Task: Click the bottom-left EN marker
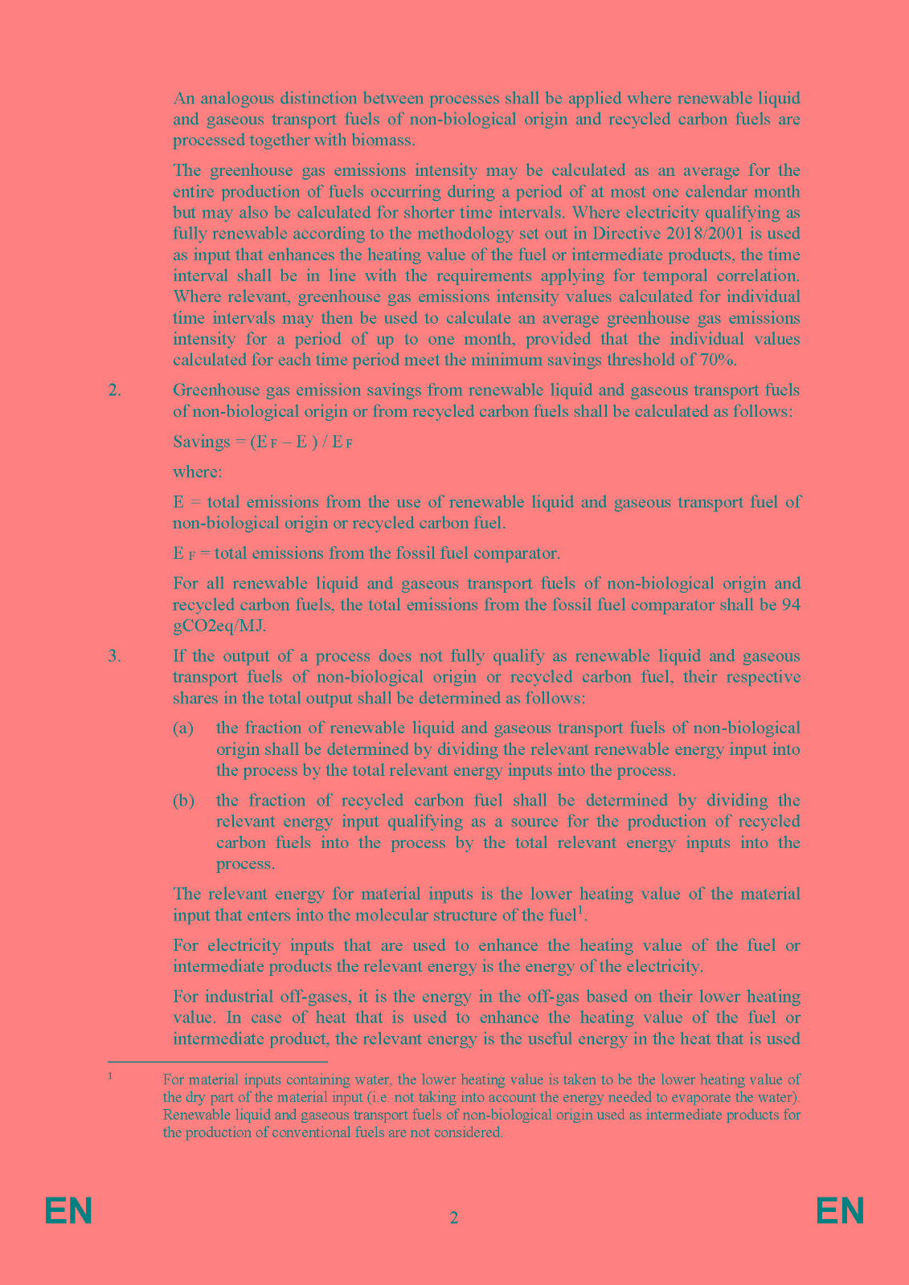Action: tap(68, 1210)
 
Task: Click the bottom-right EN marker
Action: tap(840, 1210)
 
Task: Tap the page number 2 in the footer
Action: tap(454, 1218)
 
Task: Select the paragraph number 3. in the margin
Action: tap(114, 655)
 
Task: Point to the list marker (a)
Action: tap(183, 728)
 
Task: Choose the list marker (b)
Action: tap(183, 800)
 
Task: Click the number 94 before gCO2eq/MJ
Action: tap(790, 605)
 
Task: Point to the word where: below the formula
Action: tap(197, 471)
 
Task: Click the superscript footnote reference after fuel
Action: tap(580, 910)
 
